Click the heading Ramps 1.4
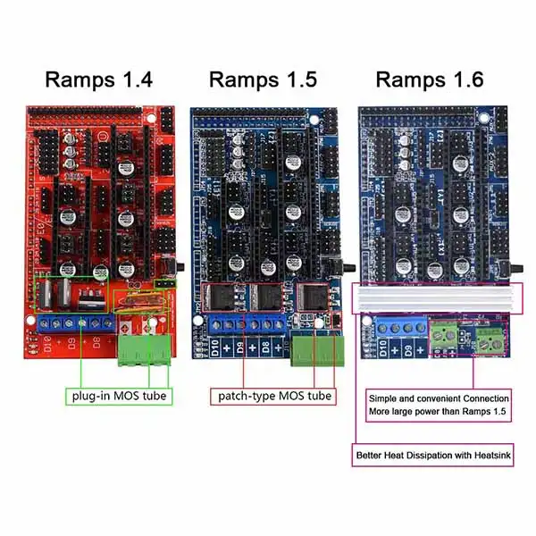click(x=99, y=80)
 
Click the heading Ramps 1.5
click(x=263, y=80)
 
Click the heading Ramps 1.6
click(x=429, y=80)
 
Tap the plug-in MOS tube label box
click(x=121, y=394)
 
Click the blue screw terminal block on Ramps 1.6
click(x=397, y=333)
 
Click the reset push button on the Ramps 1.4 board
click(x=177, y=265)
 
